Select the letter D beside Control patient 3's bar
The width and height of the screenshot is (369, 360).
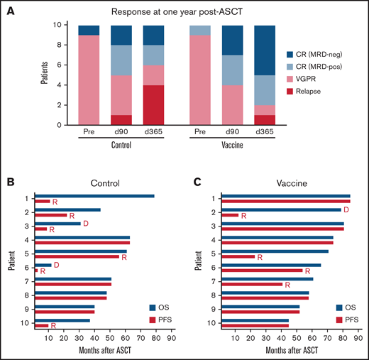click(x=86, y=224)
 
